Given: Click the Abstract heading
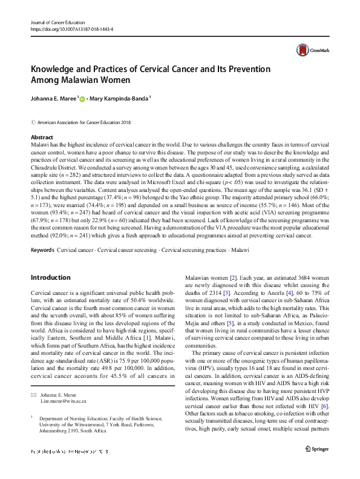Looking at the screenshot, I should click(x=42, y=137).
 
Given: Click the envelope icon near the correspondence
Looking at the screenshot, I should click(x=33, y=377).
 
